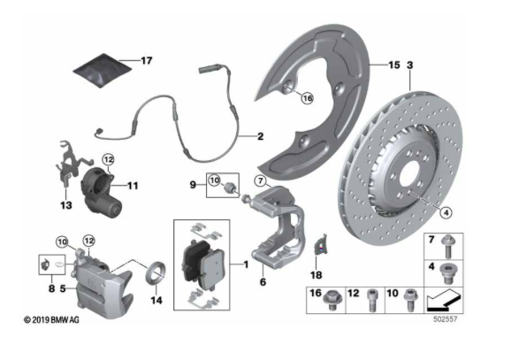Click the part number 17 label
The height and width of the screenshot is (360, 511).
[147, 61]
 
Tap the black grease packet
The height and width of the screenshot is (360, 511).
[103, 71]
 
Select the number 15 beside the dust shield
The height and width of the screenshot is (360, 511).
[394, 65]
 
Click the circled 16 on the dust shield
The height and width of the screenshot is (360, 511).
[307, 98]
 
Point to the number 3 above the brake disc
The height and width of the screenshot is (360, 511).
[409, 65]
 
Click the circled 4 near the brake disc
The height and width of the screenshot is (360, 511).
[446, 212]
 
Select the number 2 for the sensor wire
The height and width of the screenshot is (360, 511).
[260, 136]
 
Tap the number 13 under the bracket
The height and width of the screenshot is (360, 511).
[65, 205]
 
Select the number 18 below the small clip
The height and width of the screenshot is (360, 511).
[317, 275]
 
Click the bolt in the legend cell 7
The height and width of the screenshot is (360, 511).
[447, 246]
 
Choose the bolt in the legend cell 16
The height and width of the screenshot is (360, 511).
[332, 299]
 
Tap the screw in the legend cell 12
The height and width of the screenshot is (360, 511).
[372, 300]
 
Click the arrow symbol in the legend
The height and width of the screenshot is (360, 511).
[444, 299]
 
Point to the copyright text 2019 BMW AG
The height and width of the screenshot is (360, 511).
[51, 320]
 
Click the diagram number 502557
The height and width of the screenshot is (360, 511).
[446, 319]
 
